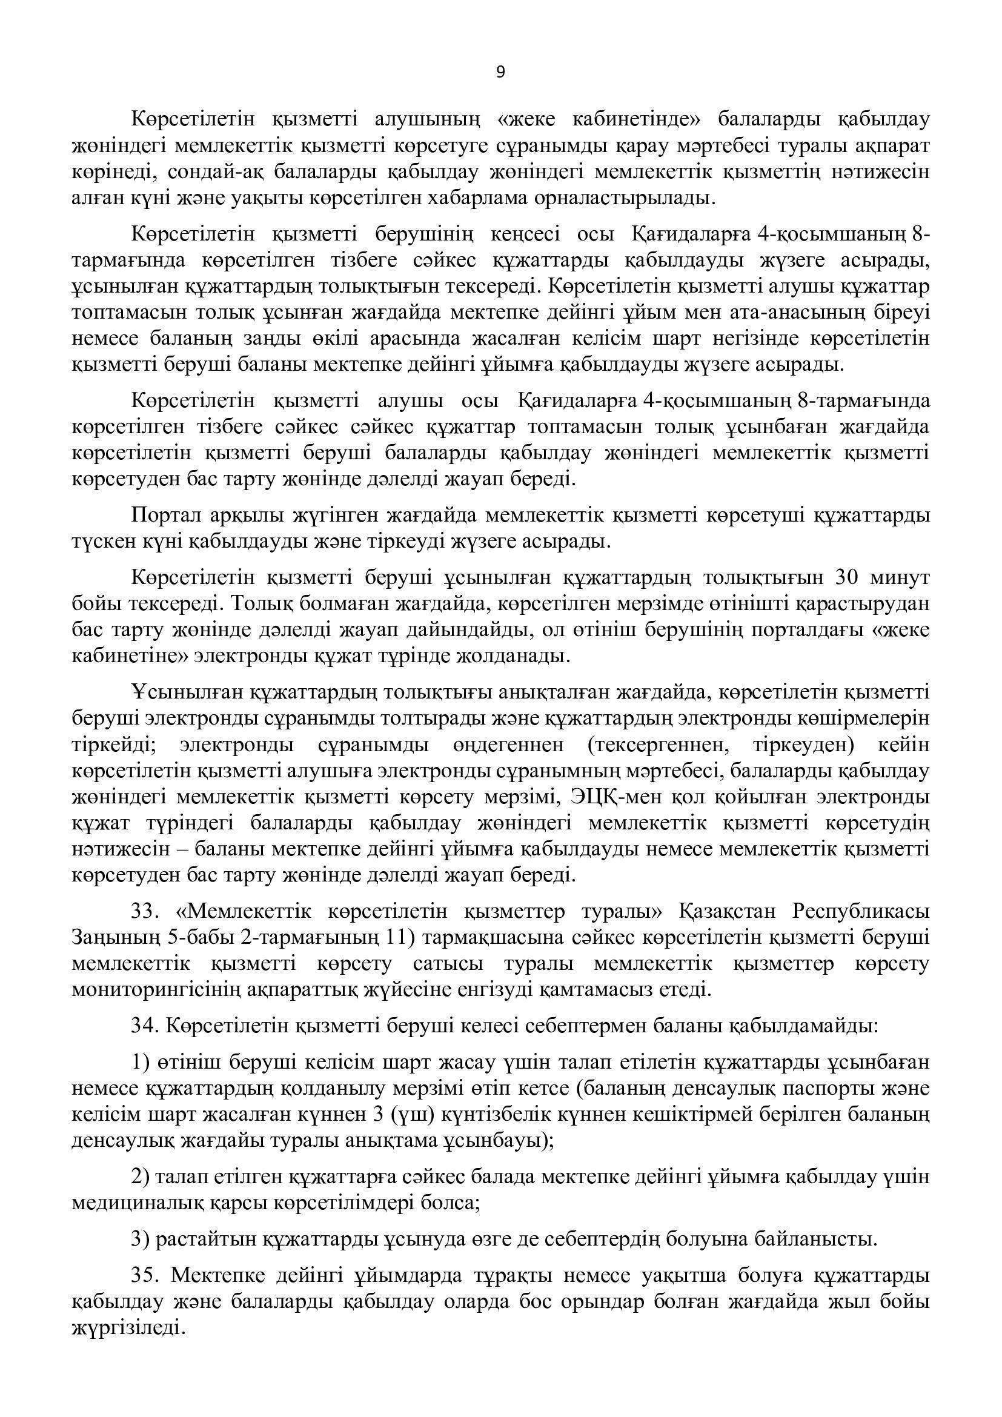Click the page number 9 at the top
click(x=500, y=73)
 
